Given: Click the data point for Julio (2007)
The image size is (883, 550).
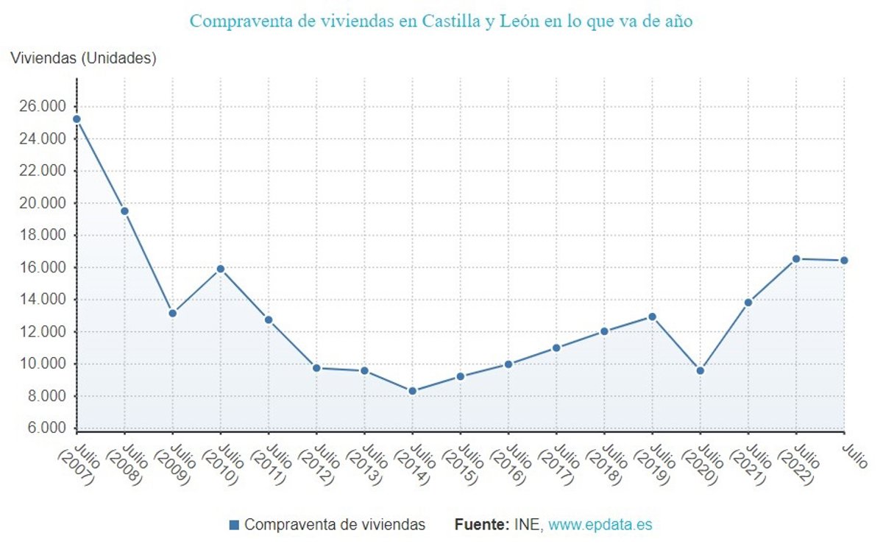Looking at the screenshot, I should (x=77, y=119).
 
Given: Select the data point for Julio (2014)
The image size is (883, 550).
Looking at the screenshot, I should (x=412, y=391).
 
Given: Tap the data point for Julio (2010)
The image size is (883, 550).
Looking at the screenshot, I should (x=220, y=269).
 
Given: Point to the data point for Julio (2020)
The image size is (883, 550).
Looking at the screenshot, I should (x=700, y=370).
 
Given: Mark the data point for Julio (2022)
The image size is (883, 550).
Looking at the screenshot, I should (x=796, y=258).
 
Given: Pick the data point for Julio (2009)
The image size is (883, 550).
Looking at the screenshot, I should (x=172, y=313).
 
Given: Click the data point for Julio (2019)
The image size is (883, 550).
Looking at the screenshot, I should (x=652, y=317).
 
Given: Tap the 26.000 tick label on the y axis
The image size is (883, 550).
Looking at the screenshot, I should (x=43, y=107).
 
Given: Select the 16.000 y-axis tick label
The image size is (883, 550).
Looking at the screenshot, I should (x=43, y=267).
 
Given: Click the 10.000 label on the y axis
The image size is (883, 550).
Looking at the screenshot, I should (x=43, y=364).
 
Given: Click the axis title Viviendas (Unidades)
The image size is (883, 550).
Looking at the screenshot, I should (x=83, y=58).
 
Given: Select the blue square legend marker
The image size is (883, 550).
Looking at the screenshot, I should (x=235, y=525).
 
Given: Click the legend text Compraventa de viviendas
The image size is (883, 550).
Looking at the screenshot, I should (x=335, y=525).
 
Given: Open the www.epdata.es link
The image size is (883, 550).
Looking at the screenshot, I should (x=600, y=525).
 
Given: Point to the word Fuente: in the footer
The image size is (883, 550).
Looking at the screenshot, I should (x=481, y=525).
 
